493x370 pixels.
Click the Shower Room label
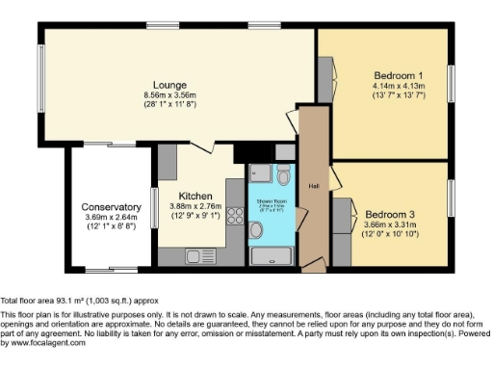pos(271,203)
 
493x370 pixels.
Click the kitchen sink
pos(199,257)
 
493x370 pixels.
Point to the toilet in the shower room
pos(283,174)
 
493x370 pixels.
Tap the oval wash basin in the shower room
pos(256,229)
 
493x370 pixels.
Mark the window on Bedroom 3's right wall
pos(450,198)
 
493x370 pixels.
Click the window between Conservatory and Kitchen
pos(153,207)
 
